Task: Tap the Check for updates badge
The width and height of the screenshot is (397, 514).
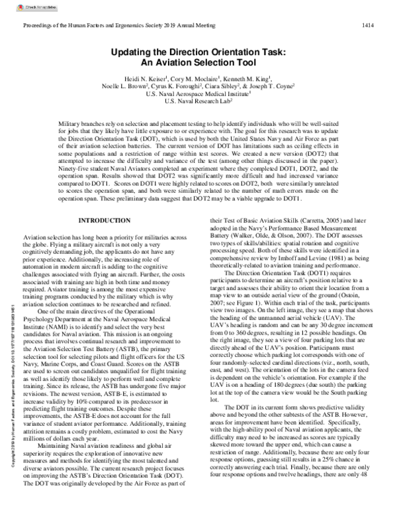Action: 23,7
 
